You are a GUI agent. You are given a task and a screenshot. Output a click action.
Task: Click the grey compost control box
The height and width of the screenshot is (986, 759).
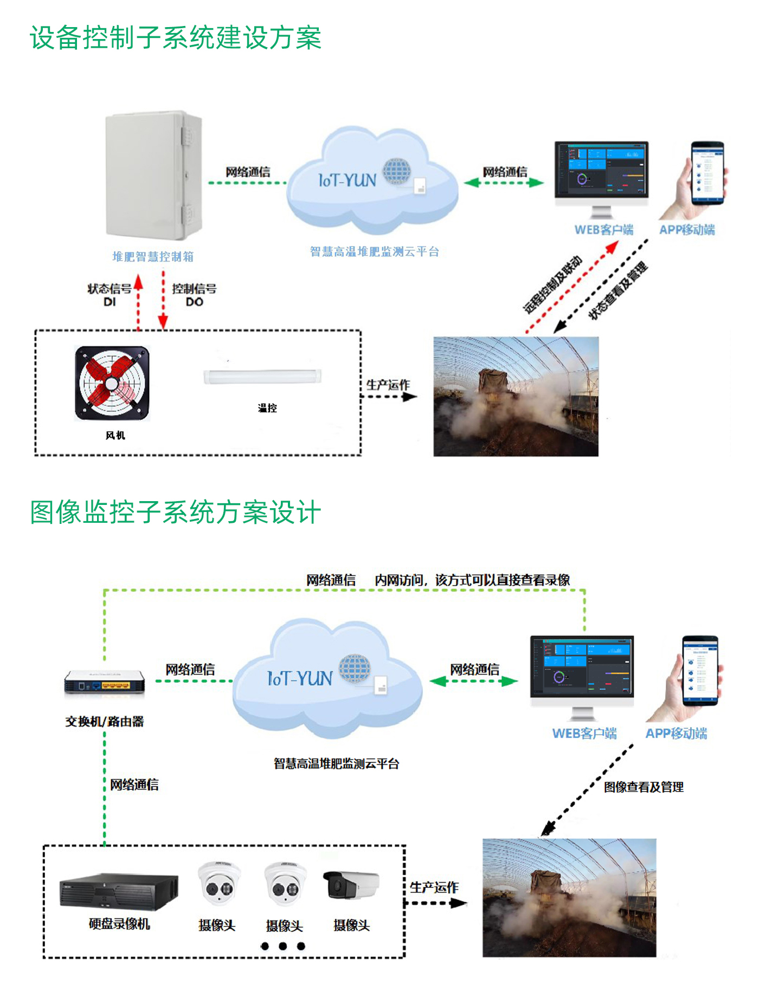click(x=153, y=176)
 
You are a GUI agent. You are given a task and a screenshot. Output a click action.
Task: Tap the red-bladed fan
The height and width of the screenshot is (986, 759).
click(x=112, y=384)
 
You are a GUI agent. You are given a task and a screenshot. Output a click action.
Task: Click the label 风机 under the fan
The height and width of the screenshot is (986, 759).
click(x=115, y=436)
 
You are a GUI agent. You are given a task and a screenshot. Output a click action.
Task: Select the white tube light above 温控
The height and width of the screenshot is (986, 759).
click(x=262, y=376)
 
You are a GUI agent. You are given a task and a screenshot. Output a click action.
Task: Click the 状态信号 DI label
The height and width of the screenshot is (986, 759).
click(x=110, y=295)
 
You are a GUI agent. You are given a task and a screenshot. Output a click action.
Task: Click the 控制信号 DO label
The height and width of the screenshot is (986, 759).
click(x=194, y=295)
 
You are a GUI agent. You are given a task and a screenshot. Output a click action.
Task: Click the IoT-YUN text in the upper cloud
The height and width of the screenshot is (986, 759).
click(x=347, y=180)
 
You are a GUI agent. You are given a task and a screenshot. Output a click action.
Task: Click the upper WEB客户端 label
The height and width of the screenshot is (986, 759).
click(x=603, y=230)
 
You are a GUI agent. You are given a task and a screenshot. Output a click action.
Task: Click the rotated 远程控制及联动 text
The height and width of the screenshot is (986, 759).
click(x=552, y=284)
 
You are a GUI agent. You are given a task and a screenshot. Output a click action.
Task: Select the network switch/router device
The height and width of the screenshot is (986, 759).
click(x=105, y=682)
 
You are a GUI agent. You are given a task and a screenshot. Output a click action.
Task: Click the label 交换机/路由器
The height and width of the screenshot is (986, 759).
click(x=105, y=722)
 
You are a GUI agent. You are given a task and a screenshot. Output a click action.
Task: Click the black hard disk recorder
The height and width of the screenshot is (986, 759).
click(x=119, y=891)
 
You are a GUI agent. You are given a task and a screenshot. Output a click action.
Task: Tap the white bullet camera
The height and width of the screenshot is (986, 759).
click(x=351, y=885)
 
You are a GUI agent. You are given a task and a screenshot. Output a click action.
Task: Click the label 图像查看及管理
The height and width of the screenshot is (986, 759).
click(x=644, y=787)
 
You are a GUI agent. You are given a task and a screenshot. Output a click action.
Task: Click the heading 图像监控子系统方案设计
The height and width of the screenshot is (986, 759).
click(x=175, y=513)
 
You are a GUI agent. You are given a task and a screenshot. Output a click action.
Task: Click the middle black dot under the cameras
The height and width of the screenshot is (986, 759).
click(x=282, y=946)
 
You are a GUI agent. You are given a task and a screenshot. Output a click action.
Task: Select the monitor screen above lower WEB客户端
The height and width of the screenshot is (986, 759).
click(x=582, y=667)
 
